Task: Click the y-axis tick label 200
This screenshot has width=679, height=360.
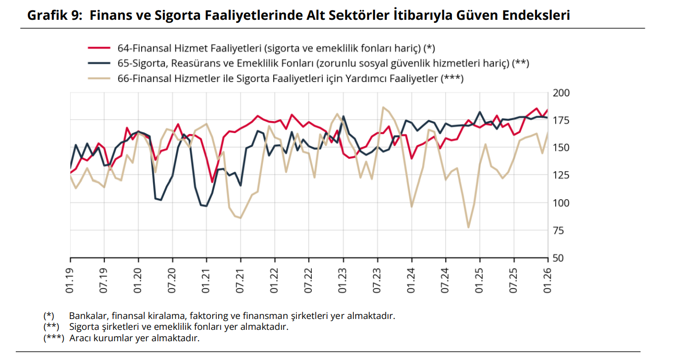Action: click(x=561, y=93)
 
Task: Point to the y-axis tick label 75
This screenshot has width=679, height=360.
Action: click(x=559, y=230)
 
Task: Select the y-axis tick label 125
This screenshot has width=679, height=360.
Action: click(x=561, y=176)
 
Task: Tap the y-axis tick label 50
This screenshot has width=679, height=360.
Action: click(x=559, y=258)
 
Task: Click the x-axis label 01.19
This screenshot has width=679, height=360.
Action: click(x=70, y=281)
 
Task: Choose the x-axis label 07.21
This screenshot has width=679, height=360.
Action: click(x=241, y=281)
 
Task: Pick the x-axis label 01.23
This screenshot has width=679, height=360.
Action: click(x=343, y=281)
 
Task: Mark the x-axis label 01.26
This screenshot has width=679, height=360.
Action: click(x=547, y=281)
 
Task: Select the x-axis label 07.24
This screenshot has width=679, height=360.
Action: click(x=445, y=281)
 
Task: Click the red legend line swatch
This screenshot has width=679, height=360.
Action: click(x=98, y=48)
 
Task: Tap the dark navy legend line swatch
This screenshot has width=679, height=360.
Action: click(x=98, y=63)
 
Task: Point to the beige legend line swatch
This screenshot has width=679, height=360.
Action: click(x=98, y=78)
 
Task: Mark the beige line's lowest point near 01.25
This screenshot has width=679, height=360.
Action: click(x=468, y=227)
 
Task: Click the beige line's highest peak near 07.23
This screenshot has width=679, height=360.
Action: click(x=383, y=107)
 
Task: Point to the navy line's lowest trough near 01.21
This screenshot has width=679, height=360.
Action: click(x=206, y=206)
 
